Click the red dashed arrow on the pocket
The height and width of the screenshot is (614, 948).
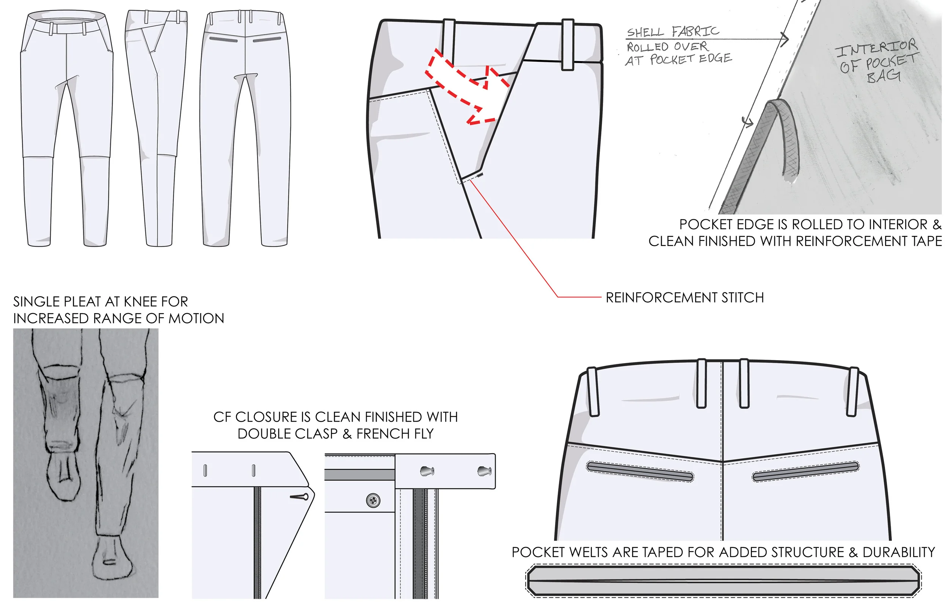466,86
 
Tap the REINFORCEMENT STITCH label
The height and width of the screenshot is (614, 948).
684,298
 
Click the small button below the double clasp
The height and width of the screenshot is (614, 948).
373,501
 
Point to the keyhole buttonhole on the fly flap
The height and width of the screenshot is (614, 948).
299,497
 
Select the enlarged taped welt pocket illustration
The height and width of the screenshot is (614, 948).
723,581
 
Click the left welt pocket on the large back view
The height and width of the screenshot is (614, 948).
640,471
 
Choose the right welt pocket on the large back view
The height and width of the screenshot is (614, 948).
805,472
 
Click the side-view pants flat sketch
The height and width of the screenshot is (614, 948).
157,128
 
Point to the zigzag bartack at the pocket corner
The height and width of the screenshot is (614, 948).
480,175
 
